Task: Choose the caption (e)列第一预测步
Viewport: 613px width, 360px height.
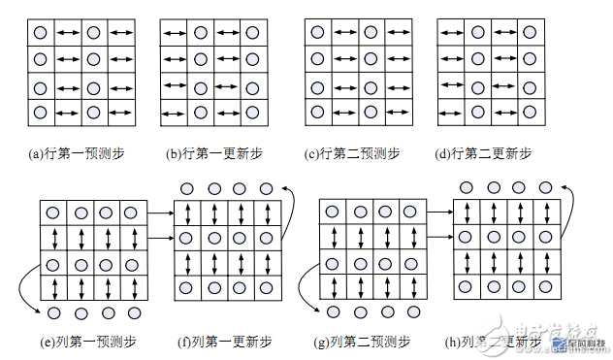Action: (x=90, y=342)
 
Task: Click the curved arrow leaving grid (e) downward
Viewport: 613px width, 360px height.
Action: (x=24, y=288)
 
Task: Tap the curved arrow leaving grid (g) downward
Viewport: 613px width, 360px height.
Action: (x=303, y=288)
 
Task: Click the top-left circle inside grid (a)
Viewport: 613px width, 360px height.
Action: (x=41, y=33)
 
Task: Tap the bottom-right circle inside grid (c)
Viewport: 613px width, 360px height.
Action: (x=370, y=113)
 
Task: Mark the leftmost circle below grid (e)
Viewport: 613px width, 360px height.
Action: (x=54, y=313)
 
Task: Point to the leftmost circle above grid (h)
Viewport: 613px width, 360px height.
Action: (x=468, y=186)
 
